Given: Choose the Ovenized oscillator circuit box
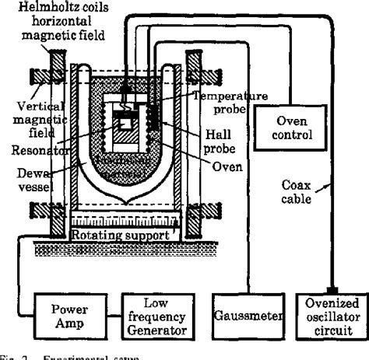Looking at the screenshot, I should tap(332, 318).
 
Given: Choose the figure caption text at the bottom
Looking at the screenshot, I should tap(47, 355).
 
